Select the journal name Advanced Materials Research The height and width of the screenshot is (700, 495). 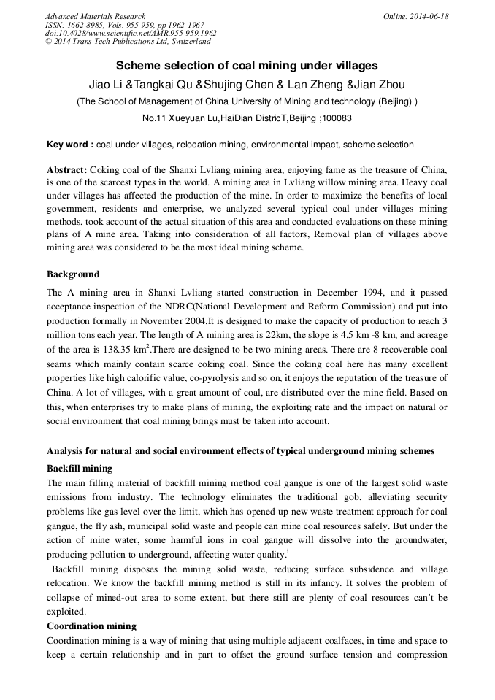tap(95, 16)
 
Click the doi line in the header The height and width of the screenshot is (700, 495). tap(130, 33)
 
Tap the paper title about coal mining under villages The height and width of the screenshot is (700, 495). tap(247, 66)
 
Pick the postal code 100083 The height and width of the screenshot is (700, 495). tap(337, 118)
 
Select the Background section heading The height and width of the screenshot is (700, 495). tap(73, 274)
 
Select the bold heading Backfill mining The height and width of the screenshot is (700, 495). tap(80, 468)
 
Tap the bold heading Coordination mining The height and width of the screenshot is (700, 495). tap(91, 626)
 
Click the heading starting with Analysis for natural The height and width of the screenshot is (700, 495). tap(240, 451)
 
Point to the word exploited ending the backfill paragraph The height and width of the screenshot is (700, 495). tap(66, 612)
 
